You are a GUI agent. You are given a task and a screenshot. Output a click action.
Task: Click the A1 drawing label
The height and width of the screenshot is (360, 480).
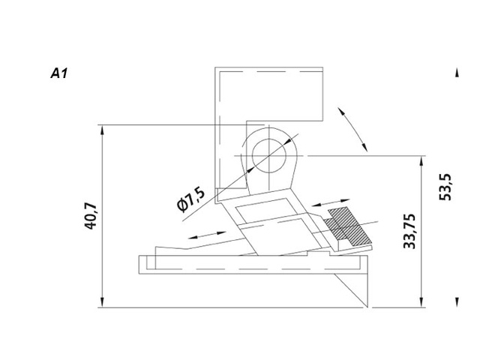(59, 75)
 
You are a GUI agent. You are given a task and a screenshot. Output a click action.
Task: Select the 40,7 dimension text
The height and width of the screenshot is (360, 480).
(92, 216)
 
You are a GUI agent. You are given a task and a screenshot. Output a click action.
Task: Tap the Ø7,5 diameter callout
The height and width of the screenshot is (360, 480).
(191, 200)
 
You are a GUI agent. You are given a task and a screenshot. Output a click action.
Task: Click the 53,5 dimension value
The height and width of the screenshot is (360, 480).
(445, 187)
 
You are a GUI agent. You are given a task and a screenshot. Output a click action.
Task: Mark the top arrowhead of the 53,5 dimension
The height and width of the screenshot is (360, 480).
(457, 72)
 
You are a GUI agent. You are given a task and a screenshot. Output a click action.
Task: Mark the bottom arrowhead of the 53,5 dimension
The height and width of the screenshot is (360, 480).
(457, 302)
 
